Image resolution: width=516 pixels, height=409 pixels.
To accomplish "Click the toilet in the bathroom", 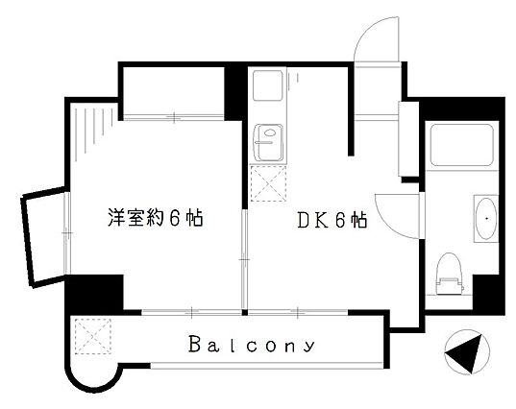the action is coord(449,274).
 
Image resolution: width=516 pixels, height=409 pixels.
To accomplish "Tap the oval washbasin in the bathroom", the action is coord(486,219).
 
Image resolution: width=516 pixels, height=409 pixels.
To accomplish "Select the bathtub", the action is coord(461,145).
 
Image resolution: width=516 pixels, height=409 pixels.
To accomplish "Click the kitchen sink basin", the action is coord(268,143).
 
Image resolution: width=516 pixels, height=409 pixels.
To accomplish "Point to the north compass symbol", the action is coord(467,352).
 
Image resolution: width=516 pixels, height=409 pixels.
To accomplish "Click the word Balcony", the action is coord(252,345).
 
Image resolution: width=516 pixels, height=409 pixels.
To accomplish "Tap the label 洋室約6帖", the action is coord(156,217).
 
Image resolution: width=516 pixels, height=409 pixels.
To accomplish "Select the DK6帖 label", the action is coord(332,220).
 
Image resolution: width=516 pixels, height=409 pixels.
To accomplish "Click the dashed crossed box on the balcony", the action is coord(93,336).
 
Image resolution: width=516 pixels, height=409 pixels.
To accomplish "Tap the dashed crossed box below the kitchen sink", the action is coord(268,183).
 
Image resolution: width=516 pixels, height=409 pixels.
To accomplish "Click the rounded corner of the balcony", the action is coord(94,384).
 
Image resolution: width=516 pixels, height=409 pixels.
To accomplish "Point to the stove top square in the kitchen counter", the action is coord(268,85).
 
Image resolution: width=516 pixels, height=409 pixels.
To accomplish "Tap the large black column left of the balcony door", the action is coord(94,293).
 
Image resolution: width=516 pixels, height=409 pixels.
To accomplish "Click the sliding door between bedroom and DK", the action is coord(244,259).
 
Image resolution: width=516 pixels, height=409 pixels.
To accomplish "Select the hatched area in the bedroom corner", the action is coord(94,132).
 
